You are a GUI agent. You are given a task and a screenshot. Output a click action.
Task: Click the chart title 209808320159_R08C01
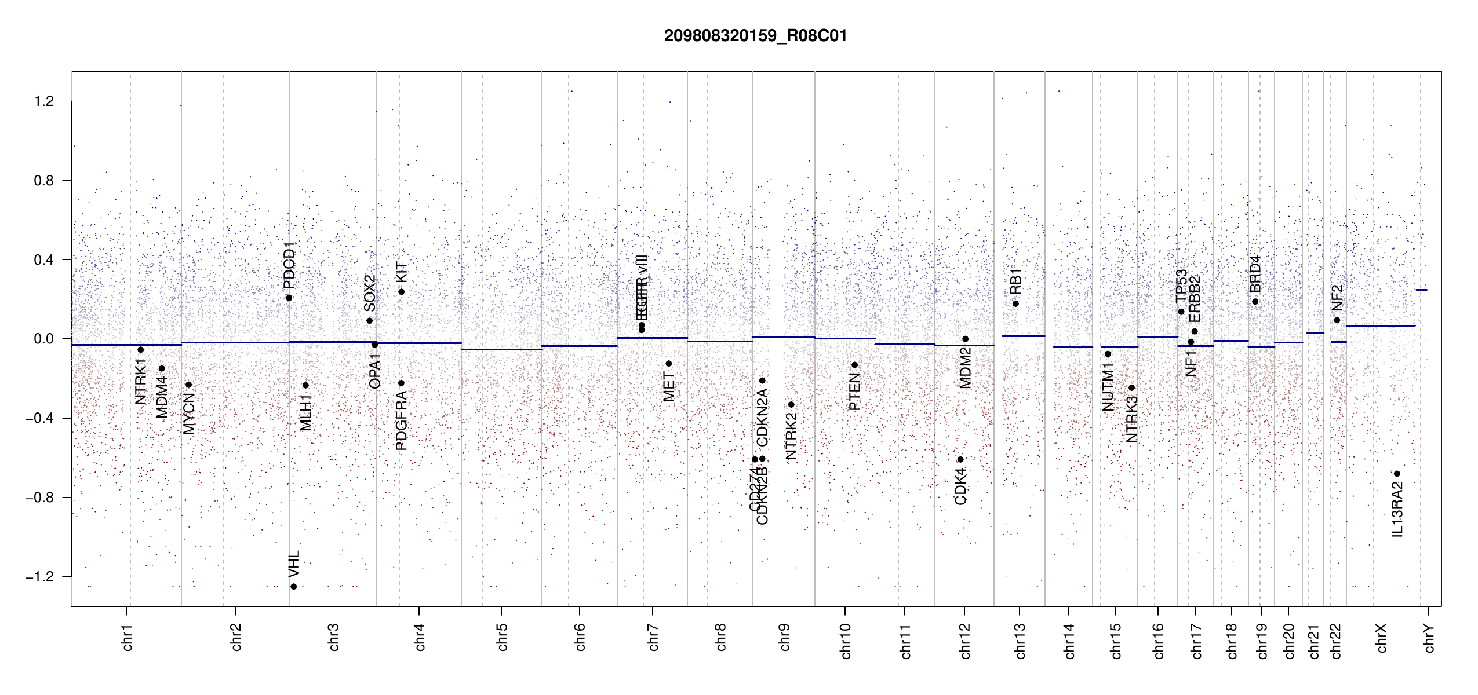click(755, 36)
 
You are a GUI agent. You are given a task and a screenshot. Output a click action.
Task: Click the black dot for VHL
click(294, 587)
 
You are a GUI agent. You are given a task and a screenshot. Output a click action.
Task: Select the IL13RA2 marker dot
click(1397, 474)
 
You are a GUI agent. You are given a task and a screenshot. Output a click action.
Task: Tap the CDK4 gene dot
click(960, 459)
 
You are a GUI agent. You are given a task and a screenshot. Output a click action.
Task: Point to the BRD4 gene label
click(1255, 274)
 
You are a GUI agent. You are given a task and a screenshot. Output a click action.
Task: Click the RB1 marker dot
click(1015, 304)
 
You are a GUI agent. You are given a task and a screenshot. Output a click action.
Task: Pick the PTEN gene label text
click(855, 392)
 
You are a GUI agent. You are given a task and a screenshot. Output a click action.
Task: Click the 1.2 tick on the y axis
click(43, 101)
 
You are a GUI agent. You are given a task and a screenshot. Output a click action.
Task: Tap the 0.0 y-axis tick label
click(43, 339)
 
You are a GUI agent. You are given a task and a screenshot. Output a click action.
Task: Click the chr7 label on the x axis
click(653, 637)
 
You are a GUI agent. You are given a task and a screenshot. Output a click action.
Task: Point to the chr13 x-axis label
click(1020, 641)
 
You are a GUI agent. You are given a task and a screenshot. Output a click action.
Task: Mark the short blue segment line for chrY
click(1421, 290)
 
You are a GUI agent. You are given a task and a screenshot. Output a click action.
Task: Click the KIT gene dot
click(401, 292)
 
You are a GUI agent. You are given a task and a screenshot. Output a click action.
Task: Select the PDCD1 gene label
click(289, 265)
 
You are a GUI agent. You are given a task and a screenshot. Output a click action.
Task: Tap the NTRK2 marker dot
click(791, 405)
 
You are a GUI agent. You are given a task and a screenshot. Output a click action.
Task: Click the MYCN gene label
click(189, 413)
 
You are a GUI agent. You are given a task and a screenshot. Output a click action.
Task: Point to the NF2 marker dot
click(1337, 320)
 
